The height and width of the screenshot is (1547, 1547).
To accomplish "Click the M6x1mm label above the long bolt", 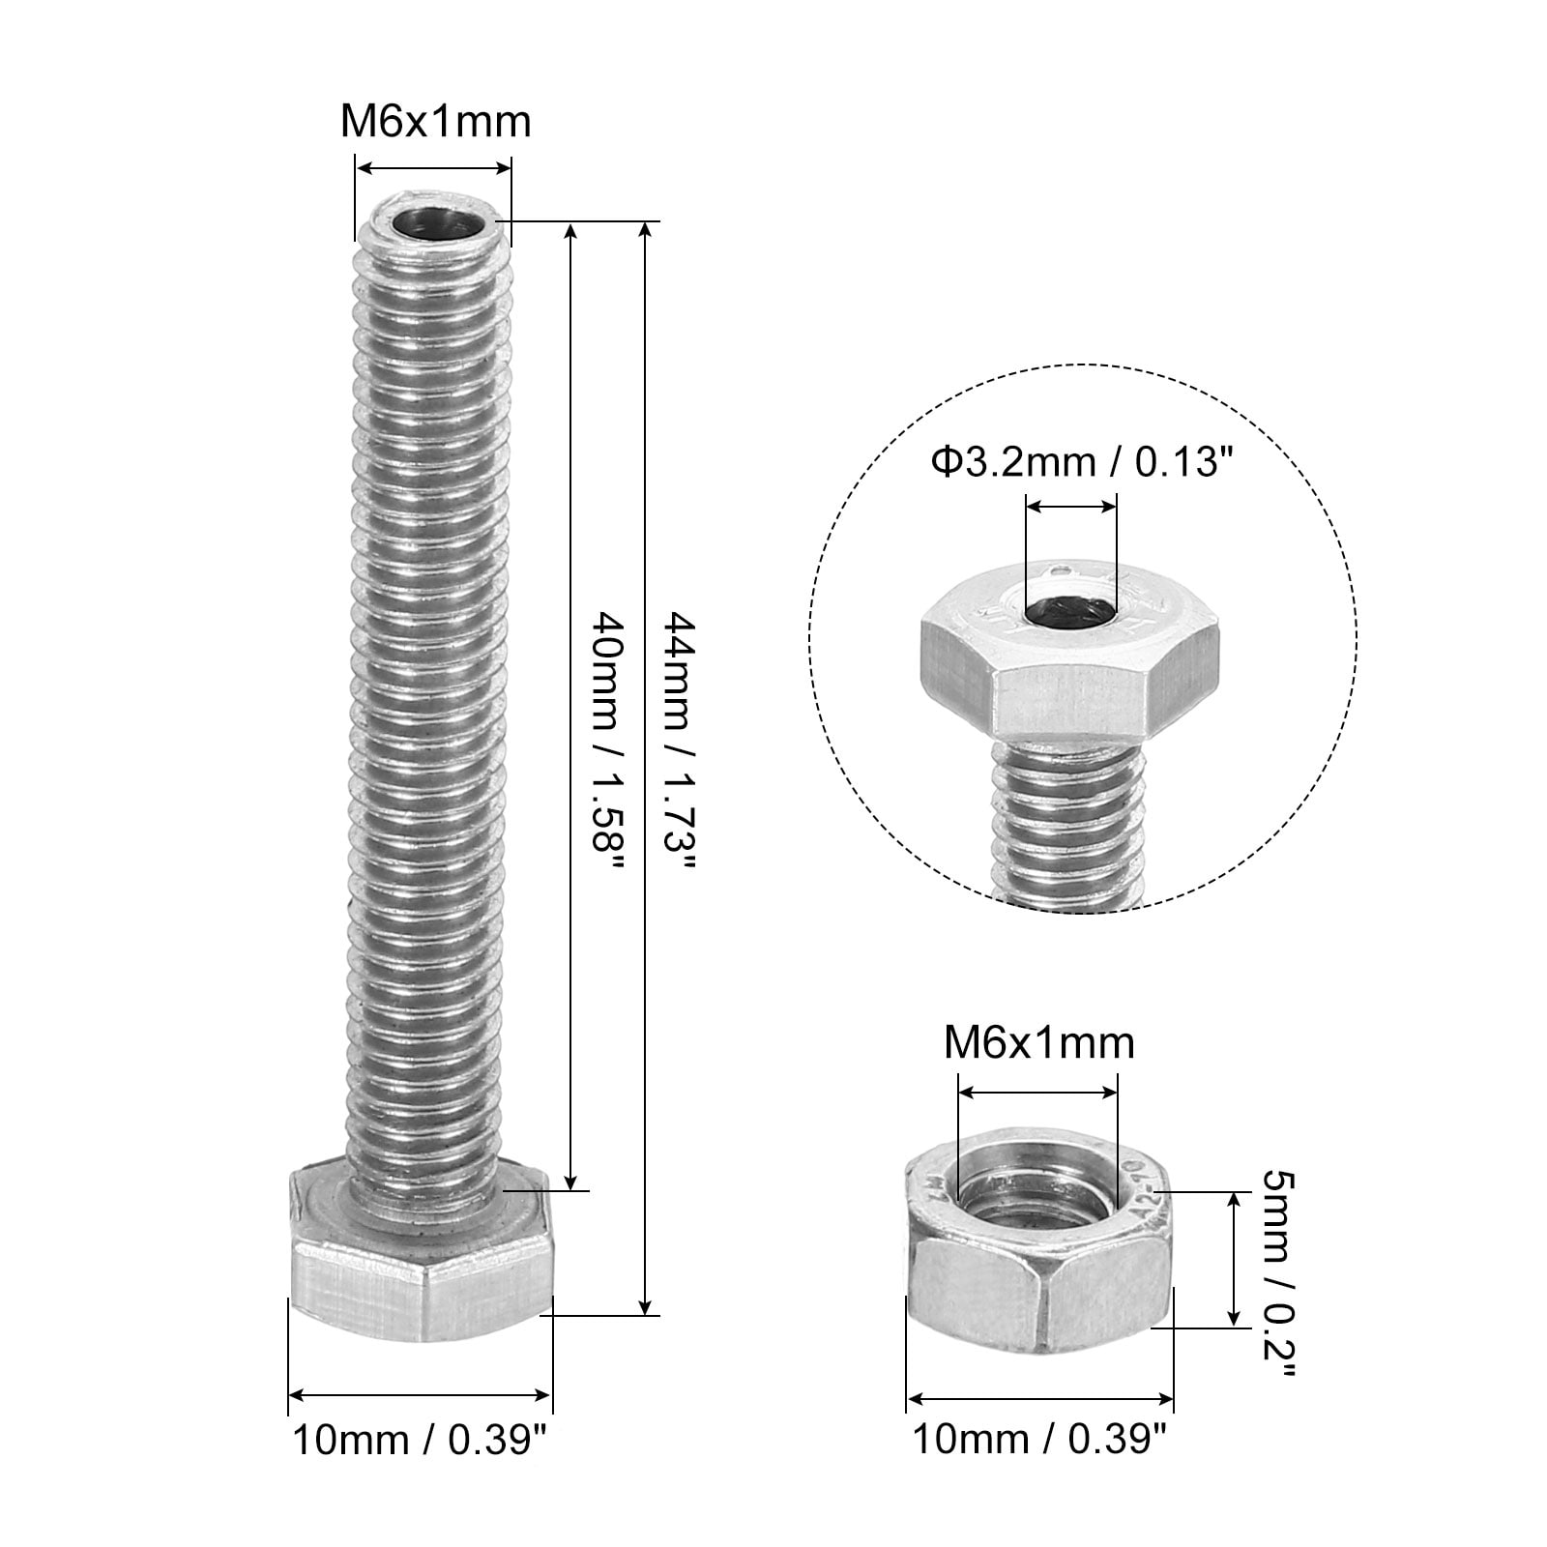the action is [x=435, y=122].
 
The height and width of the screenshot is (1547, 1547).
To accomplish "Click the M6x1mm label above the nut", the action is [x=1038, y=1042].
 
